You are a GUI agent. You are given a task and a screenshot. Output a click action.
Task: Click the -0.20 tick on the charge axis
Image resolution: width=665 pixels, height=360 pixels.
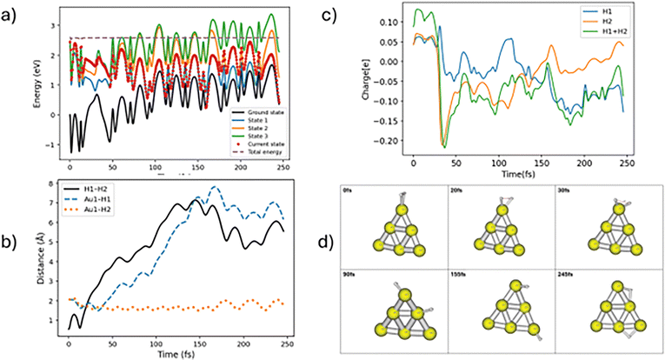coord(395,141)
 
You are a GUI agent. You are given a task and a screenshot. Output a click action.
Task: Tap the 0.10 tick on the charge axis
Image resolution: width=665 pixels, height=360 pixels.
coord(397,21)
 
